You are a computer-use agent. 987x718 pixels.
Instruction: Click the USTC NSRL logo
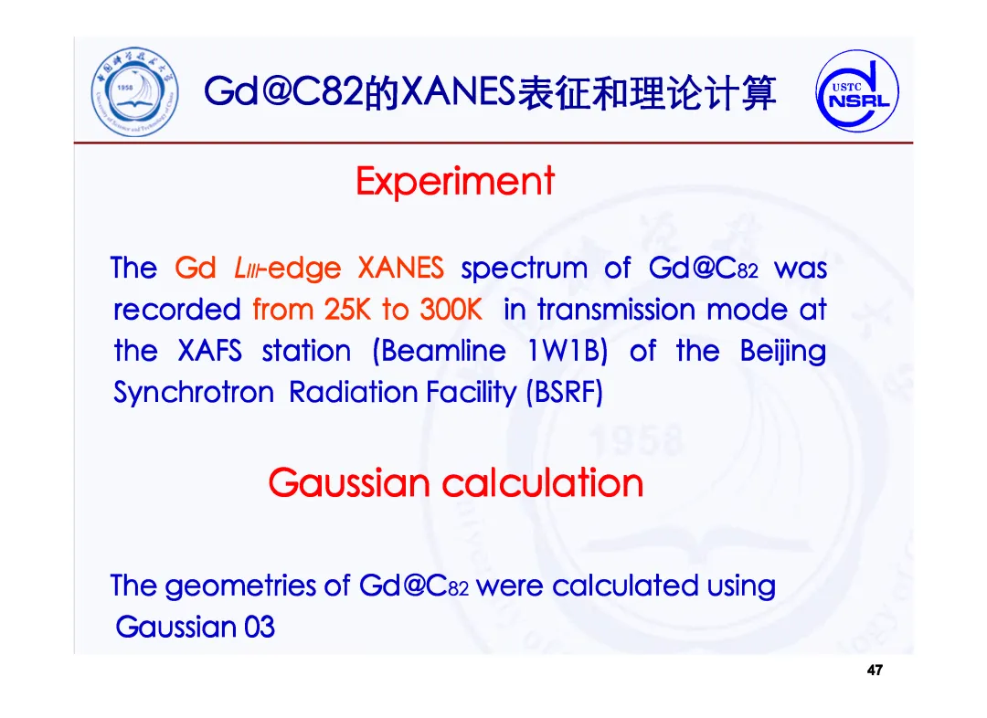856,90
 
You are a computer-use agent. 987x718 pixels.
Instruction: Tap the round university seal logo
134,92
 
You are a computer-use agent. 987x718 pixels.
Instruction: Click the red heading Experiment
455,182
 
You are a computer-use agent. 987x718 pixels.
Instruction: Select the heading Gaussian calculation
456,483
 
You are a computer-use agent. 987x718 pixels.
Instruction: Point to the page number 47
875,670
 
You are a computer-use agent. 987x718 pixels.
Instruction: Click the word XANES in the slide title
458,92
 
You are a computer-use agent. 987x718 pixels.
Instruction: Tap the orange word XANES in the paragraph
401,268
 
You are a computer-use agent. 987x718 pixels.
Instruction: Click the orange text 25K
347,310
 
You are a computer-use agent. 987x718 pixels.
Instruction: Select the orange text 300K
451,310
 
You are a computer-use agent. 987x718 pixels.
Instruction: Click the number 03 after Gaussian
260,628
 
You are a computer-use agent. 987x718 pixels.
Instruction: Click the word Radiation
354,393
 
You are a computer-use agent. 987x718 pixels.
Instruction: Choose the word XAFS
209,351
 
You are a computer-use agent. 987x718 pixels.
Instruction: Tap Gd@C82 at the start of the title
284,92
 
